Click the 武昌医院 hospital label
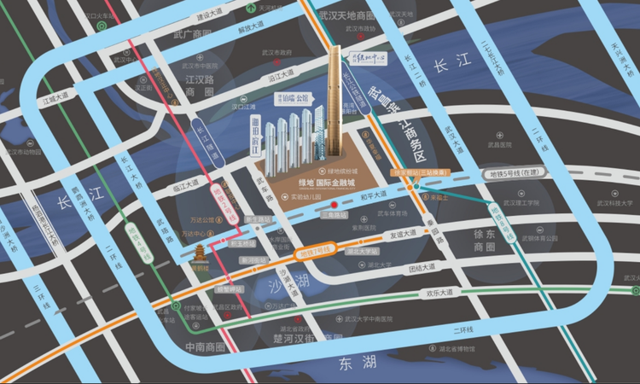coord(509,145)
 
